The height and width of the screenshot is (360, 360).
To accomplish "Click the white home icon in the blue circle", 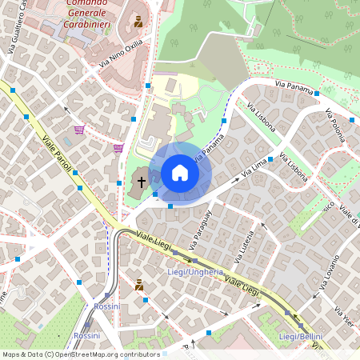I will pyautogui.click(x=180, y=173).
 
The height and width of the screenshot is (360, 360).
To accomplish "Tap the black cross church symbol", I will pyautogui.click(x=142, y=182).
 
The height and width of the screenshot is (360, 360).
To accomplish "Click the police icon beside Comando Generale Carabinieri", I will pyautogui.click(x=139, y=22).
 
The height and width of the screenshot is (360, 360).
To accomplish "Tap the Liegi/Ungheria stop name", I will pyautogui.click(x=196, y=273).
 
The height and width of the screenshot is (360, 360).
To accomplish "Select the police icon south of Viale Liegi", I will pyautogui.click(x=139, y=284).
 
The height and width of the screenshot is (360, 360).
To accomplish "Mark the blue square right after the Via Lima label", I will pyautogui.click(x=270, y=159).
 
